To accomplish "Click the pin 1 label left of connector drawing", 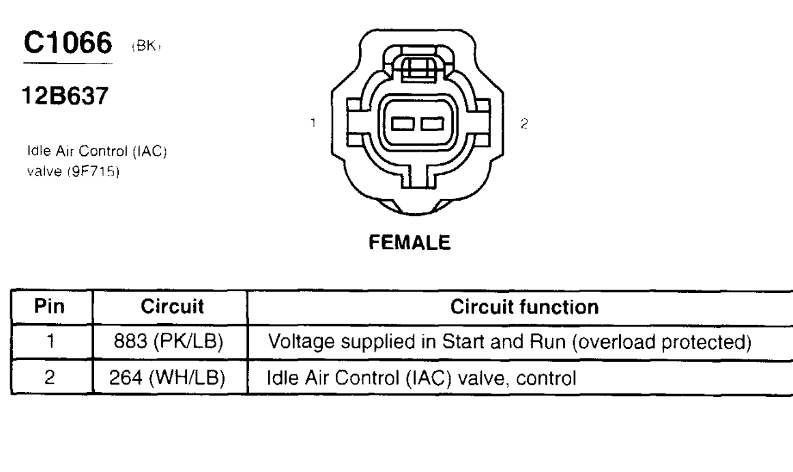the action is pyautogui.click(x=313, y=124).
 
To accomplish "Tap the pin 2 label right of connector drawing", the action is pyautogui.click(x=523, y=124).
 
